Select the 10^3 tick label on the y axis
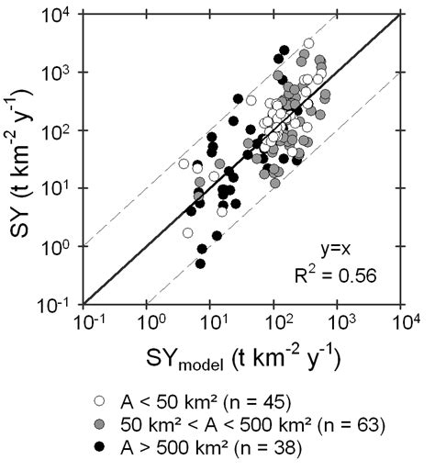(x=63, y=73)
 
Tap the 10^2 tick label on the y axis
(x=63, y=130)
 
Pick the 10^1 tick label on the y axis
(x=63, y=188)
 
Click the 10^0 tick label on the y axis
(x=63, y=246)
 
